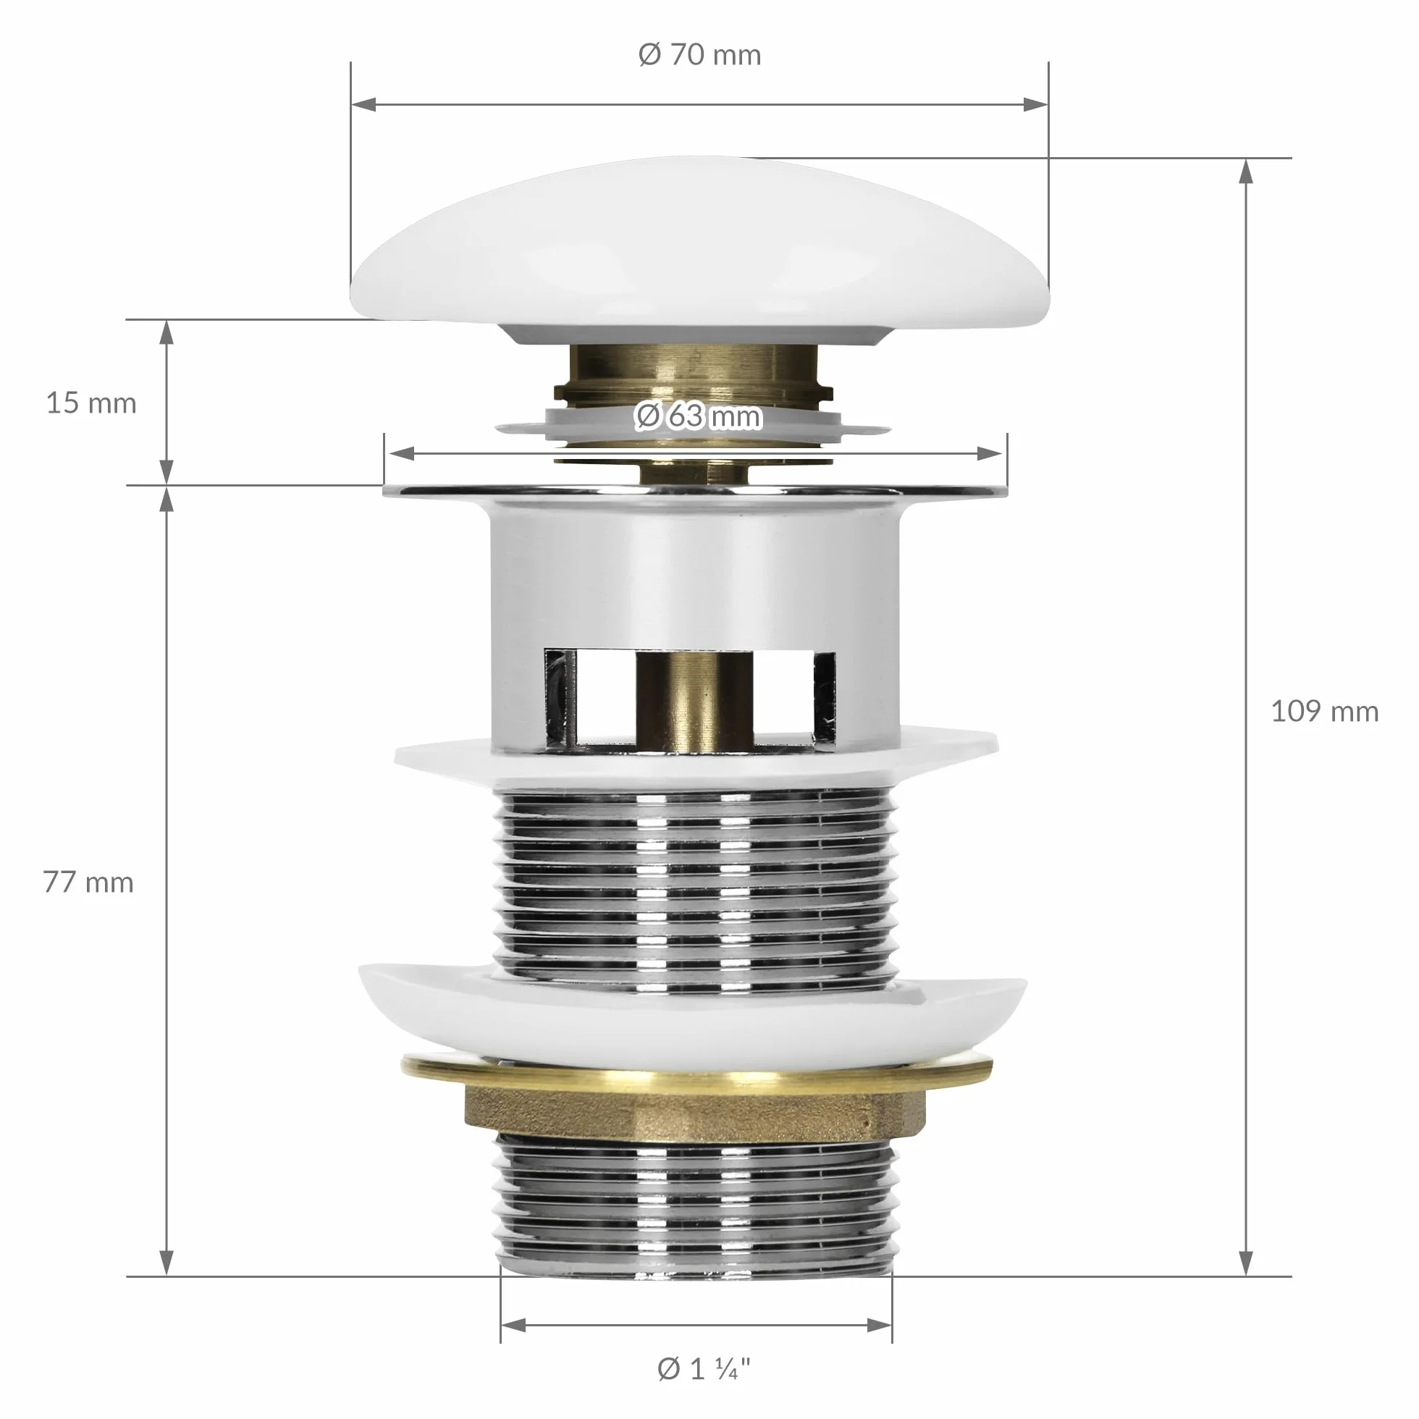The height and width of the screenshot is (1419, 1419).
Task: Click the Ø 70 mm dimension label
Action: click(x=699, y=55)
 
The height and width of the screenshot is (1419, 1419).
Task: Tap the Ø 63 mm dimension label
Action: click(x=698, y=416)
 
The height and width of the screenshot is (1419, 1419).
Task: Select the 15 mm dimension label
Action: click(x=91, y=403)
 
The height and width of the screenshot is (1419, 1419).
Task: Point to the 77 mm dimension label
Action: click(x=88, y=882)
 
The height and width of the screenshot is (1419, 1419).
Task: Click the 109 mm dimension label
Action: click(x=1325, y=711)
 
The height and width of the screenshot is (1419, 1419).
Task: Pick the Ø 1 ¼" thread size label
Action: click(x=704, y=1368)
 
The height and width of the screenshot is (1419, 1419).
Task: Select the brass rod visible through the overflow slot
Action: click(x=695, y=699)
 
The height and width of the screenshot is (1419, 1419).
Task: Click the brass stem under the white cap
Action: click(x=694, y=374)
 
